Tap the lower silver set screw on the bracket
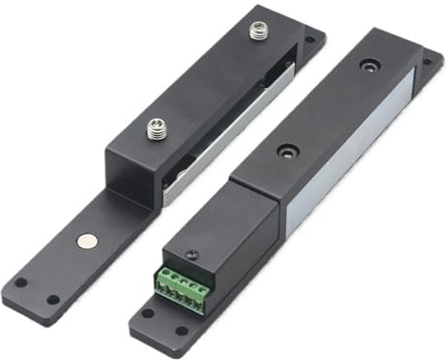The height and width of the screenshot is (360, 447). click(155, 127)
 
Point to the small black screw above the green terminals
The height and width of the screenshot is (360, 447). click(190, 254)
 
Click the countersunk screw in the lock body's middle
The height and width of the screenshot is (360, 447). click(284, 150)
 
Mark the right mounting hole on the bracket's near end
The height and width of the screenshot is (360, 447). click(54, 299)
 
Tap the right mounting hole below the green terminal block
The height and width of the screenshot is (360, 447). click(183, 331)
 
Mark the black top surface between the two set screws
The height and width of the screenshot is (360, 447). click(206, 81)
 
